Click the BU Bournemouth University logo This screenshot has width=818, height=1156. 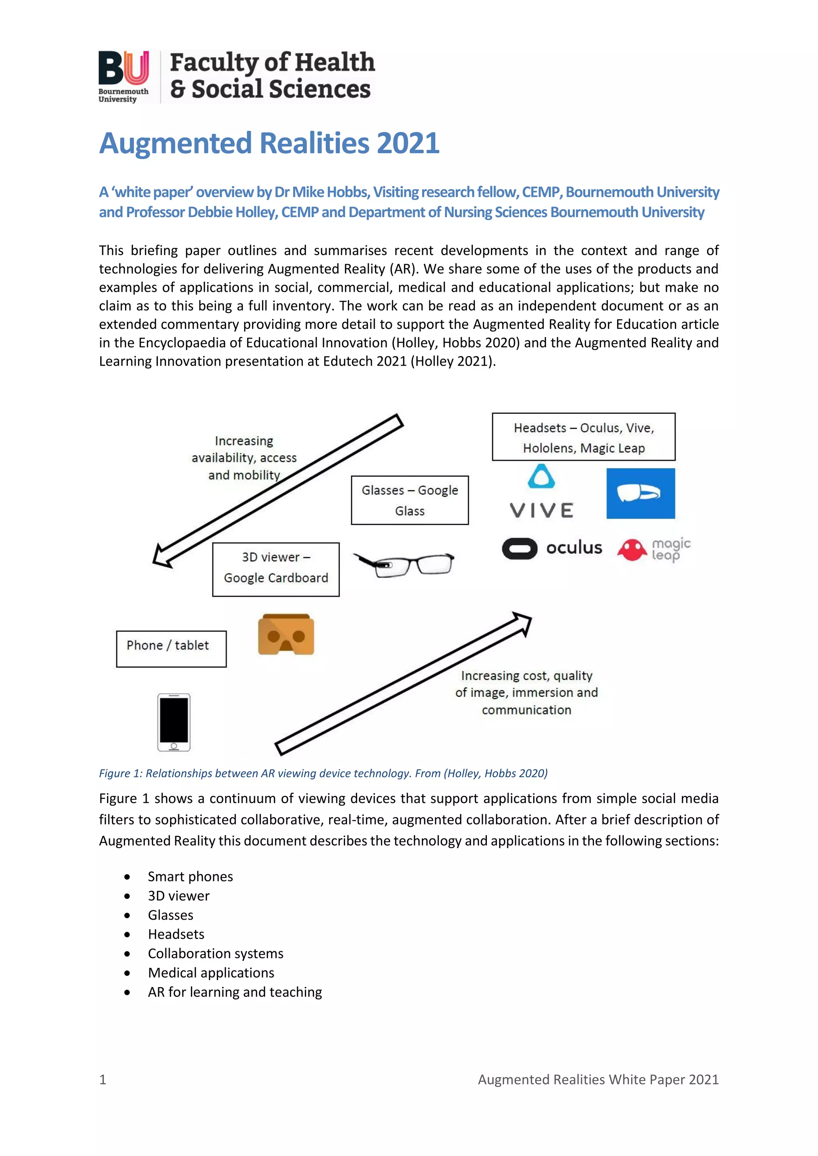click(123, 77)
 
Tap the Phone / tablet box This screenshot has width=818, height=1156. click(171, 649)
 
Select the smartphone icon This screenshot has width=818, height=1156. click(174, 722)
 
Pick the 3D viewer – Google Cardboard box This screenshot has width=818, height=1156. click(276, 570)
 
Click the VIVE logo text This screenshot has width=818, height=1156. click(542, 511)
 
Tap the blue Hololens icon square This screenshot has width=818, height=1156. click(640, 493)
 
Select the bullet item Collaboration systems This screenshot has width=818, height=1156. click(216, 954)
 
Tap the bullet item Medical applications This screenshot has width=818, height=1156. click(211, 973)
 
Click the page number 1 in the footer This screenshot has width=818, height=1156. click(103, 1079)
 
